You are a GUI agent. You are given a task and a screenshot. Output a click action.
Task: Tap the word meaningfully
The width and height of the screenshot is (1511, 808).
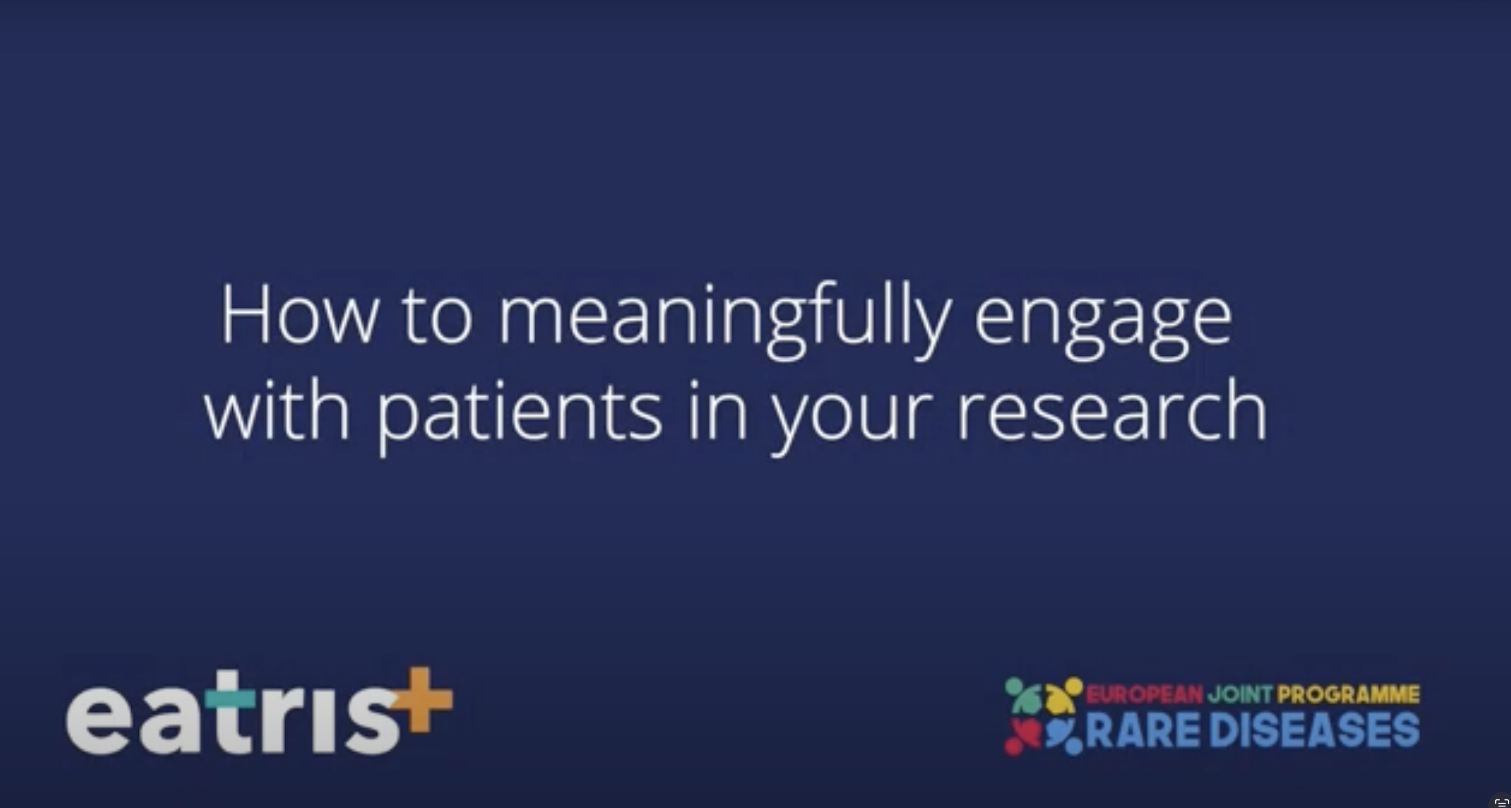coord(724,320)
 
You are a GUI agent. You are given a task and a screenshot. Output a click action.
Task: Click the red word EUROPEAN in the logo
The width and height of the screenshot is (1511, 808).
coord(1144,695)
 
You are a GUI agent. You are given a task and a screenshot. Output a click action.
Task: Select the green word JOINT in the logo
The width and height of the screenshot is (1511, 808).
coord(1240,695)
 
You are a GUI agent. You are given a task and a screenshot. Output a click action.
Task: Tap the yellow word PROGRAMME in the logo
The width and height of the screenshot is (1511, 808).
coord(1348,695)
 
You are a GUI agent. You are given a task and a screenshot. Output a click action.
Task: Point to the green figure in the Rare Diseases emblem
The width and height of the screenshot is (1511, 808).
coord(1023,695)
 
